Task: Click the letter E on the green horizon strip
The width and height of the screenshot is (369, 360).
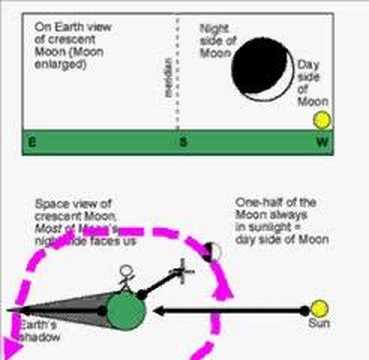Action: [x=32, y=143]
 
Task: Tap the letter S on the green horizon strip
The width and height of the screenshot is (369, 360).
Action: [x=182, y=143]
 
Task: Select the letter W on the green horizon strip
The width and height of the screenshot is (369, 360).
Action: [x=321, y=143]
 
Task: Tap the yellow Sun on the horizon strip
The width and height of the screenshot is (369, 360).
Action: [x=321, y=120]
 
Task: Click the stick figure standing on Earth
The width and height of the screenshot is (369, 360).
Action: [x=126, y=276]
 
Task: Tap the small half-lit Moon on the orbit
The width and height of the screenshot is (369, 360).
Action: [x=211, y=250]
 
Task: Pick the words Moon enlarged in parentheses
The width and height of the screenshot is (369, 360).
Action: [x=61, y=62]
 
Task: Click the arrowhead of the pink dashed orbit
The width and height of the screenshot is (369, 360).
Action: [x=229, y=292]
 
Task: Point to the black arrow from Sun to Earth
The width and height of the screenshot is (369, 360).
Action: [x=230, y=310]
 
